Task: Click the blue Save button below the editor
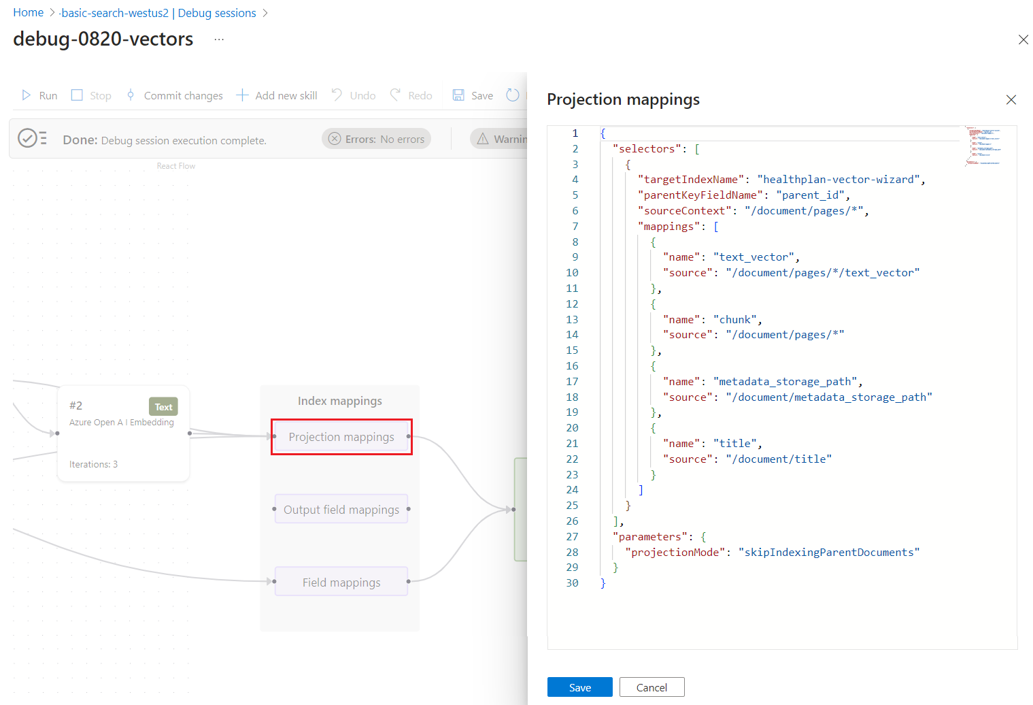pos(579,687)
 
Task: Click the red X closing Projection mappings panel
pos(1011,100)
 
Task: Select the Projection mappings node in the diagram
pos(341,437)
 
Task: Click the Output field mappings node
pos(341,510)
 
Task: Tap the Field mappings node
pos(341,583)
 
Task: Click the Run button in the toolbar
pos(39,95)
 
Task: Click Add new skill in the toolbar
pos(277,95)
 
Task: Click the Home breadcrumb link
pos(29,13)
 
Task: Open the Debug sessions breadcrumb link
pos(217,13)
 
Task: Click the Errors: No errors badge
pos(376,139)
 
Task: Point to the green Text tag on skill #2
pos(163,407)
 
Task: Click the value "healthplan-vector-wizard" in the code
pos(839,180)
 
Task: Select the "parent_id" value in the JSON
pos(810,195)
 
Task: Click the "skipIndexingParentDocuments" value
pos(828,553)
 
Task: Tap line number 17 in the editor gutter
pos(572,382)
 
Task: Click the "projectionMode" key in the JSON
pos(675,553)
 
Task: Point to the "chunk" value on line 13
pos(735,320)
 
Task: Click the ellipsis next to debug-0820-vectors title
pos(219,39)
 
